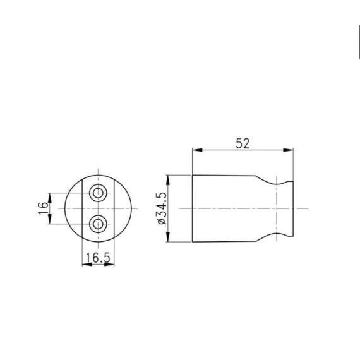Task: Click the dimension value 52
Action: coord(243,143)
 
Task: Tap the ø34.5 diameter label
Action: coord(160,208)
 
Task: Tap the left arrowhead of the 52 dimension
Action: coord(196,150)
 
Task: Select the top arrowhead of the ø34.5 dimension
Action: coord(167,178)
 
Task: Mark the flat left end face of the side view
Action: coord(192,208)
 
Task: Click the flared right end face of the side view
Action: coord(293,208)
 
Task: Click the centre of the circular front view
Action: coord(97,208)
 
